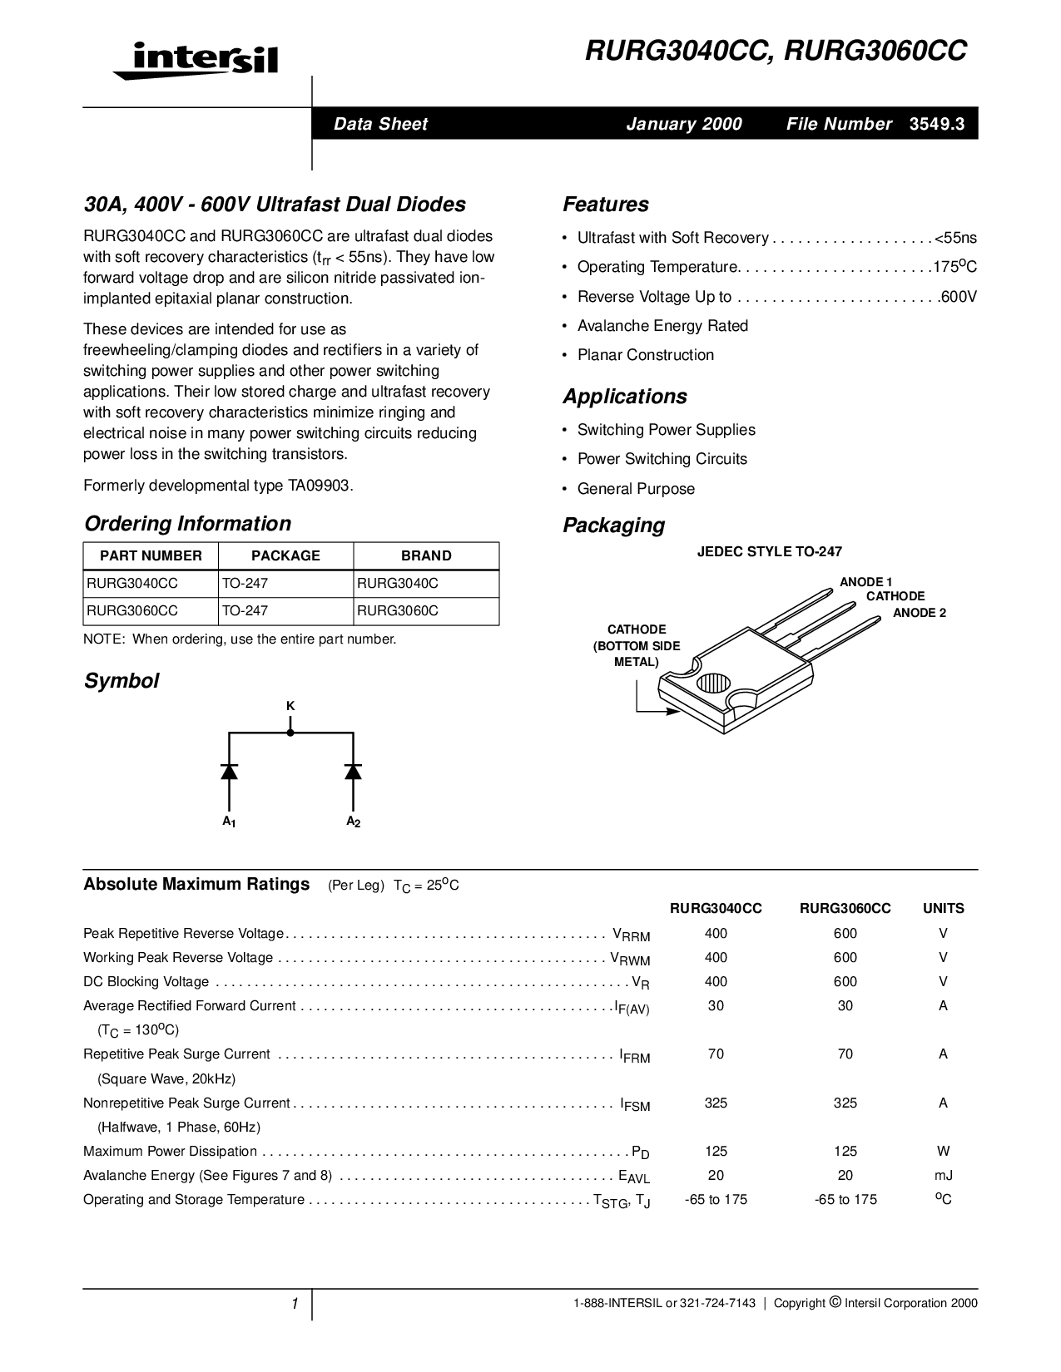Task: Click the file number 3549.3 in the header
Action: (x=937, y=125)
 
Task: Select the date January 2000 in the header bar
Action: (x=683, y=125)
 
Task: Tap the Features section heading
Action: (x=605, y=205)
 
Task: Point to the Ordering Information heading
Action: (x=187, y=524)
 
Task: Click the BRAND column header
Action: (x=426, y=556)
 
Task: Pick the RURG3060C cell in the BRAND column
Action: (x=397, y=611)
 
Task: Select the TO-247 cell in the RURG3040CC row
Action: (x=245, y=584)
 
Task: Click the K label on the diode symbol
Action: (x=290, y=706)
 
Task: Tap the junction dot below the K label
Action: (x=290, y=733)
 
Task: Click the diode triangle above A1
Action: (x=229, y=771)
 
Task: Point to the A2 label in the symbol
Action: (x=353, y=822)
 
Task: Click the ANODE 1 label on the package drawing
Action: (x=865, y=582)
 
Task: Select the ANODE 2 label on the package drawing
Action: (x=920, y=613)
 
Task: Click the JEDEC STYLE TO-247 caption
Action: (x=769, y=552)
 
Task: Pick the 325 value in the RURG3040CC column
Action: (x=716, y=1103)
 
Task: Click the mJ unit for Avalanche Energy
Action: (x=943, y=1176)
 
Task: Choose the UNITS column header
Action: (x=943, y=909)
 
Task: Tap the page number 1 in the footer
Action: (x=295, y=1304)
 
